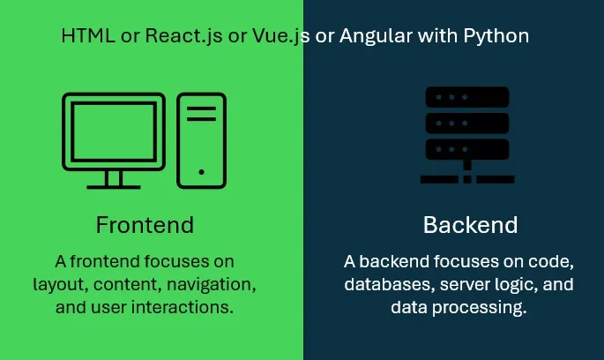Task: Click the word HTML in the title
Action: tap(84, 36)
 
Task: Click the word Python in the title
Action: tap(497, 36)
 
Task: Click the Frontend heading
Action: tap(145, 225)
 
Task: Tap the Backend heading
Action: tap(470, 225)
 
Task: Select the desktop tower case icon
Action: tap(201, 140)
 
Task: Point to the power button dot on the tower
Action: tap(201, 172)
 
